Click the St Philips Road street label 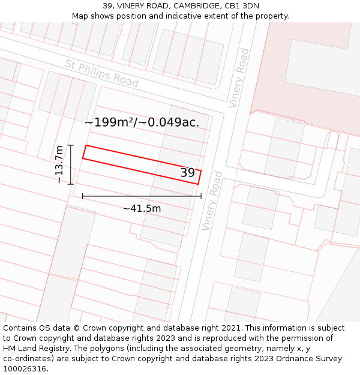[x=101, y=73]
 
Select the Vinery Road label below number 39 [x=212, y=201]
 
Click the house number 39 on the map [x=188, y=173]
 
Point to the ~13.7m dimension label [x=59, y=164]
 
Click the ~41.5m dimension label [x=142, y=209]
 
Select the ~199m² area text [x=108, y=122]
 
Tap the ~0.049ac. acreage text [x=170, y=122]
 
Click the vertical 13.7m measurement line [x=71, y=164]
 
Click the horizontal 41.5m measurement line [x=142, y=196]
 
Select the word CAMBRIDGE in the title [x=194, y=6]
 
